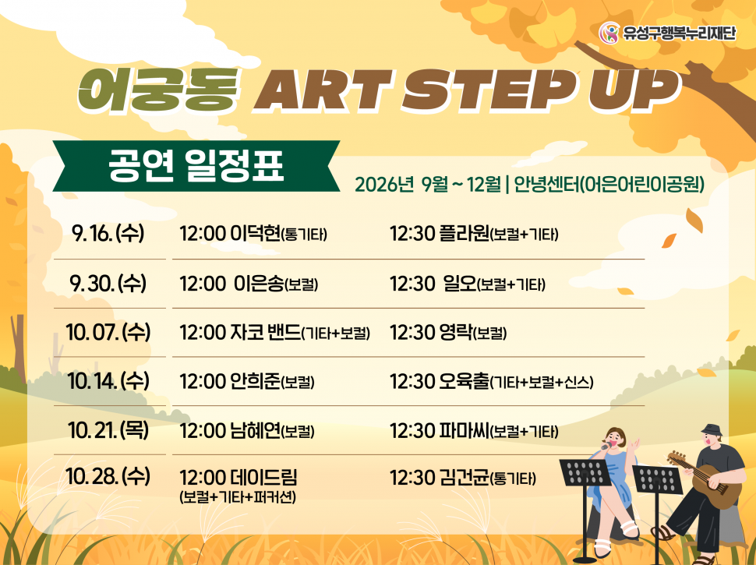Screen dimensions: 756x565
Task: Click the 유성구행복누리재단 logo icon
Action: [x=609, y=33]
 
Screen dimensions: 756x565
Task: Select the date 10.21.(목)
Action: [x=108, y=430]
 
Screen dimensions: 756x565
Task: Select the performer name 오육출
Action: [x=465, y=381]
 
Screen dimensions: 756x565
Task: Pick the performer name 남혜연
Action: [x=256, y=430]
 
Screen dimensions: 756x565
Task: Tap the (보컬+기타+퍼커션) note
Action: [x=237, y=497]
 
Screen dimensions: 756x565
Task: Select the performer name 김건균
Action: [x=465, y=478]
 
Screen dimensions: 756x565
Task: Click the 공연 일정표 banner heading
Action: [x=196, y=165]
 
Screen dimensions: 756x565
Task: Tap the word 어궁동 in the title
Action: [x=159, y=90]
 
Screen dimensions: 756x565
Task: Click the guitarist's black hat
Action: [x=711, y=429]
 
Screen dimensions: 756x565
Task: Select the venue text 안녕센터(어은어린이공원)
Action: [x=609, y=184]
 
